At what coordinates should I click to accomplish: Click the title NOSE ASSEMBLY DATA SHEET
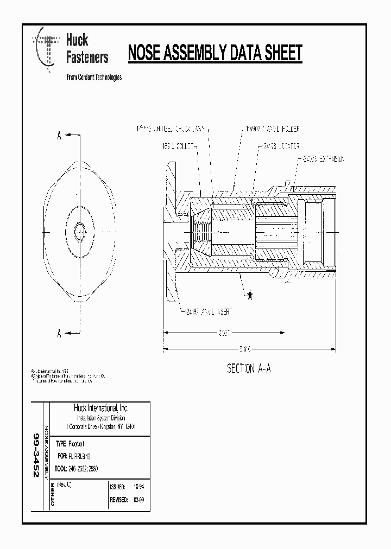click(x=215, y=53)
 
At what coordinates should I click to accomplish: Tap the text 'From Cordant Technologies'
click(x=93, y=77)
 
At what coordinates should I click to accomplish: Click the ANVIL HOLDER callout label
click(x=272, y=129)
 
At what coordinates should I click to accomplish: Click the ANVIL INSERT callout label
click(x=210, y=311)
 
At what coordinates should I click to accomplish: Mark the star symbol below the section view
click(x=250, y=295)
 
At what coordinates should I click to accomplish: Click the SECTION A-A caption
click(x=249, y=369)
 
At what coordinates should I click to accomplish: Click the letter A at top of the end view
click(x=59, y=136)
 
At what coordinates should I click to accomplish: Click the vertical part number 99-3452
click(x=36, y=455)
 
